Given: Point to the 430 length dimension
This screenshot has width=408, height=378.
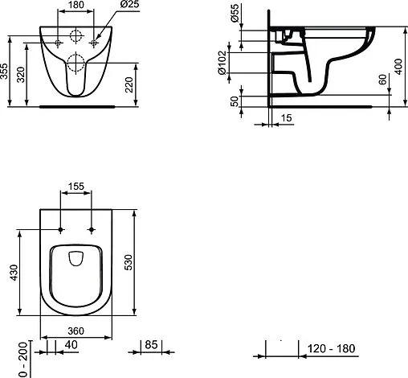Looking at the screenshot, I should coord(11,273).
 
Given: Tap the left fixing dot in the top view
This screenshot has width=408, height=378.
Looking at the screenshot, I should coord(61,232).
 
